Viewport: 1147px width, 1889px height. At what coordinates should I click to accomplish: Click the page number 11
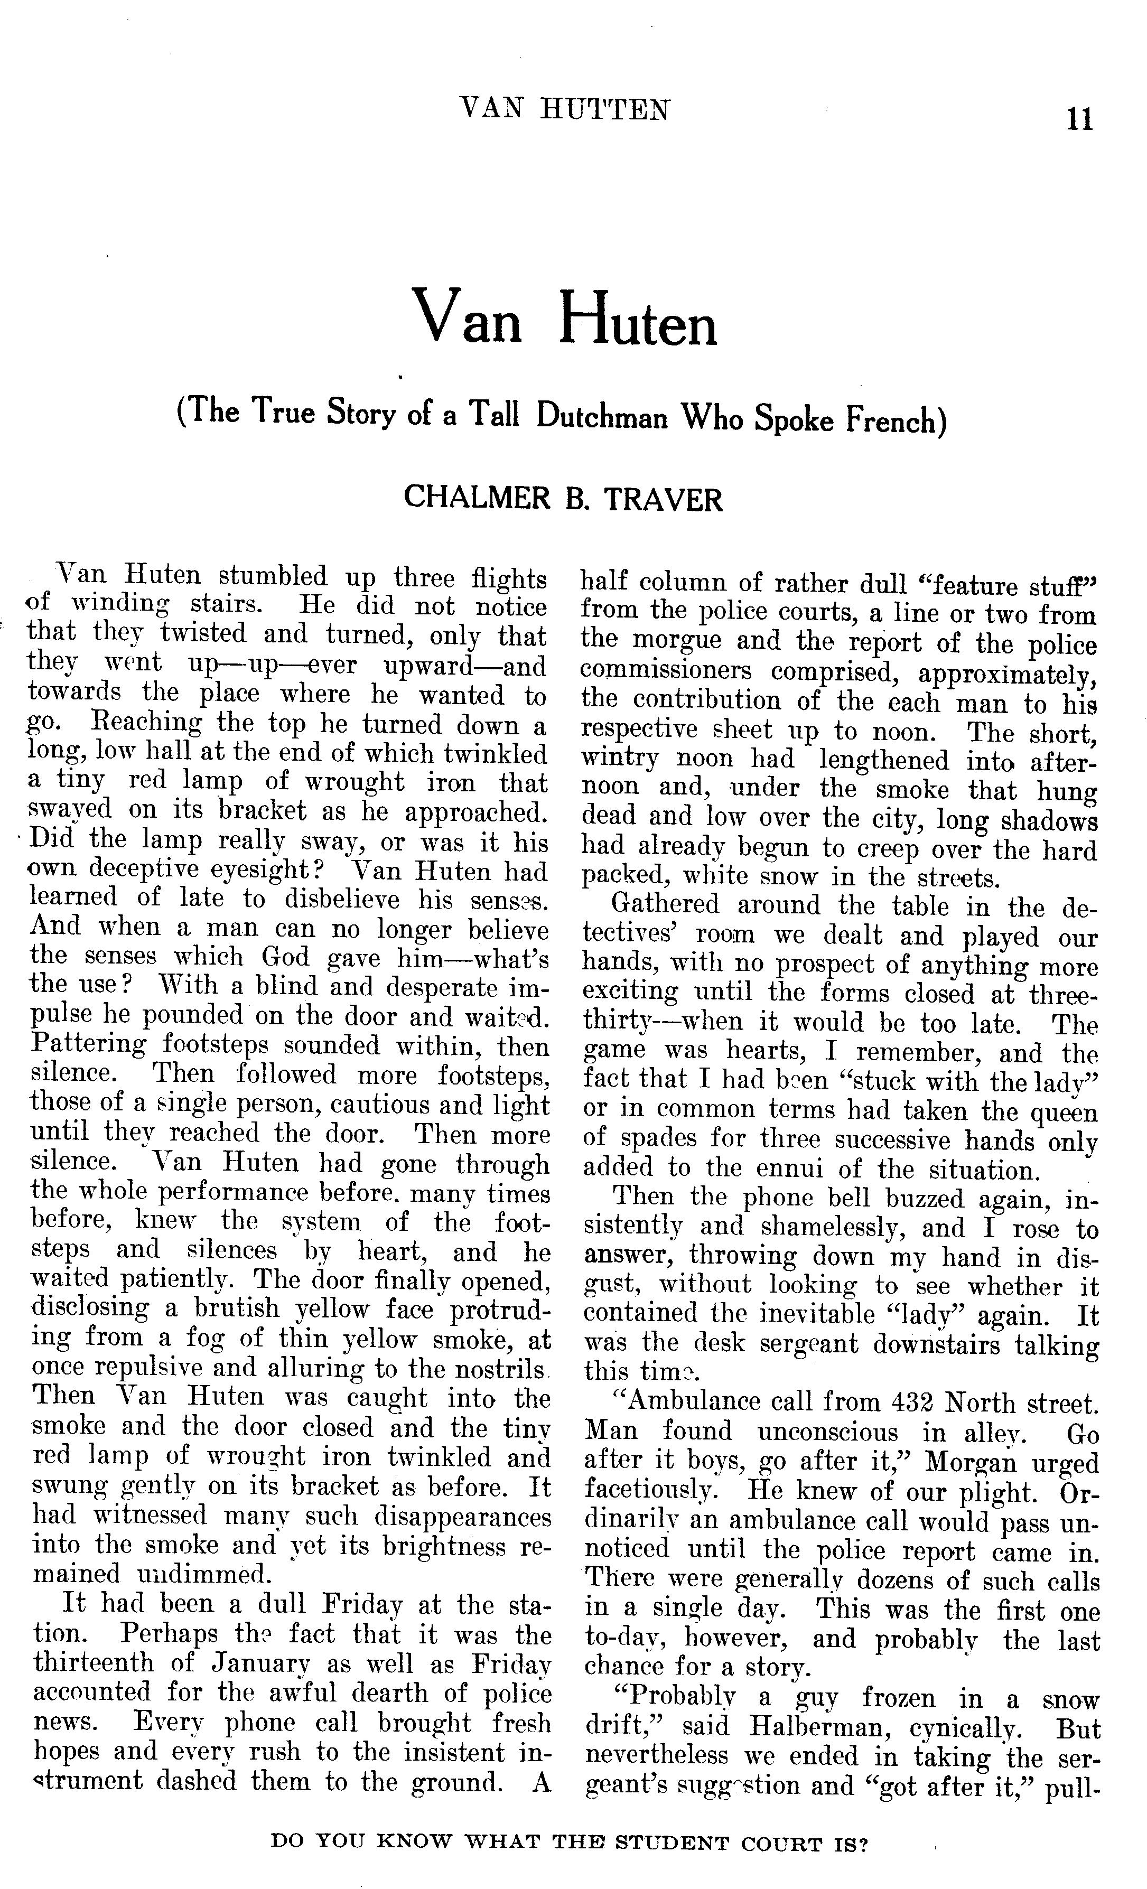point(1079,120)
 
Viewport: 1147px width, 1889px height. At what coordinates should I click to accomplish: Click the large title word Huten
point(638,320)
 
